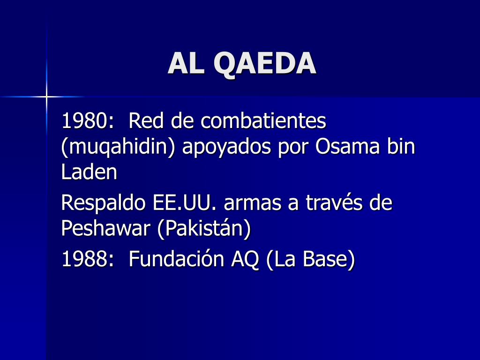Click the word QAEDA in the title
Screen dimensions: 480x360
coord(265,64)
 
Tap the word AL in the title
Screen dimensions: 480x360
coord(186,63)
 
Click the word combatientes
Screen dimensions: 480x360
coord(263,120)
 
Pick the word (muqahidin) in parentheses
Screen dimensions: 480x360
coord(118,147)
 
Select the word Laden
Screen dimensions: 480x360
coord(90,172)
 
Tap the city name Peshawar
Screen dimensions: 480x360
coord(105,228)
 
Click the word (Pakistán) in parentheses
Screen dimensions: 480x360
coord(204,229)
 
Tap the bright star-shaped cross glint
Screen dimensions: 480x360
coord(46,97)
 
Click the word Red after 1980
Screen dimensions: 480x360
coord(146,120)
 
